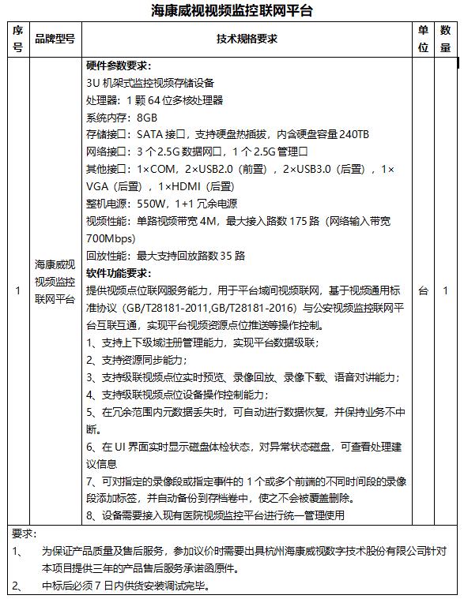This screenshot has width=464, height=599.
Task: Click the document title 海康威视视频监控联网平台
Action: pyautogui.click(x=232, y=10)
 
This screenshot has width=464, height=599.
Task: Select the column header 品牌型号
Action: pyautogui.click(x=55, y=39)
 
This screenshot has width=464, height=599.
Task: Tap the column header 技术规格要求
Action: pyautogui.click(x=247, y=39)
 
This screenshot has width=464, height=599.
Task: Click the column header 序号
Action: pyautogui.click(x=17, y=39)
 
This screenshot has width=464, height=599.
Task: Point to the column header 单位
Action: pyautogui.click(x=424, y=39)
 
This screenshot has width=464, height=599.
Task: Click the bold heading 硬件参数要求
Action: pyautogui.click(x=119, y=66)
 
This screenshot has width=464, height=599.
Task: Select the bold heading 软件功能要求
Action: pyautogui.click(x=119, y=273)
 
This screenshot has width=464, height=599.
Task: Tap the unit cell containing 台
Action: pyautogui.click(x=424, y=290)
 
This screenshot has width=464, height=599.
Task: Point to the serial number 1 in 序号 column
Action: pyautogui.click(x=17, y=290)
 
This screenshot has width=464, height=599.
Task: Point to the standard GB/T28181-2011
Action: pyautogui.click(x=181, y=308)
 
